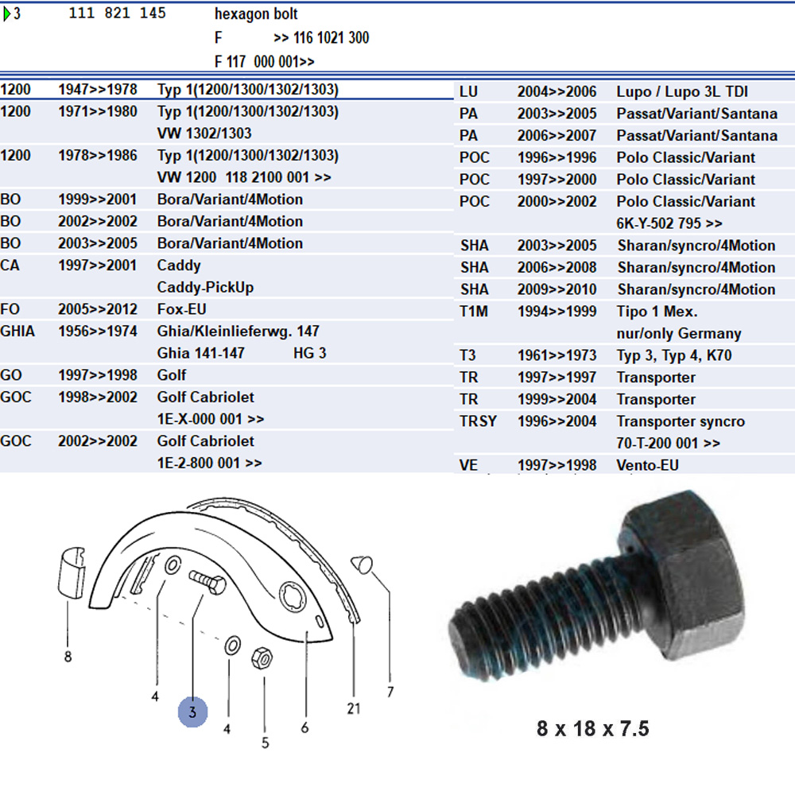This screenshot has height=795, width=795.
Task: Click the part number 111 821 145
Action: [117, 14]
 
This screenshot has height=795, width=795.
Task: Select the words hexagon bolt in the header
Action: [256, 14]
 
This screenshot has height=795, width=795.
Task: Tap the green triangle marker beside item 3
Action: [7, 14]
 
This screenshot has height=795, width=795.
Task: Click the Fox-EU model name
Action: [181, 309]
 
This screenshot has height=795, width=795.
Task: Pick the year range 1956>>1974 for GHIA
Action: [97, 331]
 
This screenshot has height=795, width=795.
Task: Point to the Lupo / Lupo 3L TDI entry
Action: [682, 92]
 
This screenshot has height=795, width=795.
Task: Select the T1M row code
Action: [474, 312]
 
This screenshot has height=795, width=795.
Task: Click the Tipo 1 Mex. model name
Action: [657, 312]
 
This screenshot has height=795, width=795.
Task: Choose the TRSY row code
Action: [478, 421]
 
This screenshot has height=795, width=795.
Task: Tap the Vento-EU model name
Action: [647, 465]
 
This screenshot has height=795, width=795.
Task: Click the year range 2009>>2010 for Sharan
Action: [556, 289]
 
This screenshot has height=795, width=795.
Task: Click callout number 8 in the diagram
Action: [68, 657]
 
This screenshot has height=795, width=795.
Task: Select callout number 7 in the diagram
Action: [390, 692]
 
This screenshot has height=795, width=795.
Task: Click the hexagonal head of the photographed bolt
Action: [684, 564]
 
